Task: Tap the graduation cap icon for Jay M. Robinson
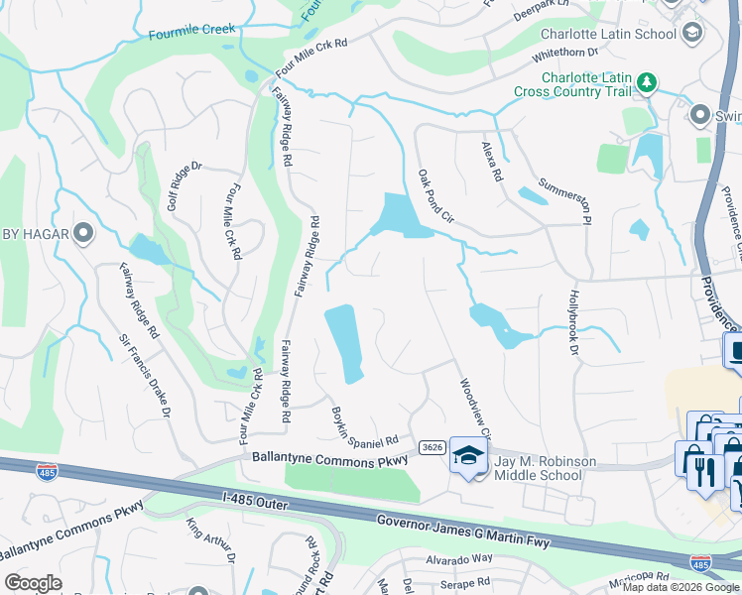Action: click(465, 455)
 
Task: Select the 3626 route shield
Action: click(431, 449)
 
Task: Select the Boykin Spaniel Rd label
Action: click(364, 425)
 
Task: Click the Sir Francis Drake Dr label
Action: click(146, 374)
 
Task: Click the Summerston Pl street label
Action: click(565, 195)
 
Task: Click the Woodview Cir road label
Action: click(474, 407)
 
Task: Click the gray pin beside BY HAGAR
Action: click(82, 234)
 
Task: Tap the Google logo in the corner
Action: click(34, 583)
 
